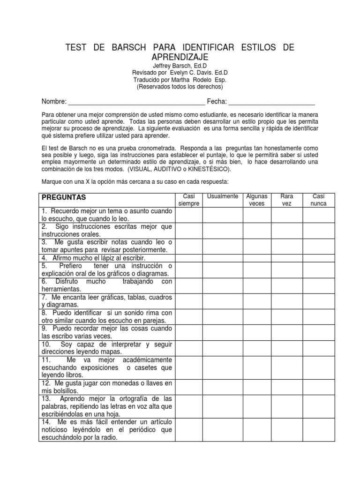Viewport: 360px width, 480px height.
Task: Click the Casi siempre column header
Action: (189, 200)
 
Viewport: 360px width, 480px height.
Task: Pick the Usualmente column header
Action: (223, 196)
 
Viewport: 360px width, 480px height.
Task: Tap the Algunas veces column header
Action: (256, 200)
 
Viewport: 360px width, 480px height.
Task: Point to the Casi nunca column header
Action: (319, 200)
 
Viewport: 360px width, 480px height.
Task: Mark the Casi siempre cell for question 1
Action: (189, 215)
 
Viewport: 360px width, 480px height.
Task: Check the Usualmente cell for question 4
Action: (223, 258)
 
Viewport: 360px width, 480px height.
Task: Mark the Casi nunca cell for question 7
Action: (319, 301)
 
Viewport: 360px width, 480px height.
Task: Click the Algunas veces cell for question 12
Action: (256, 387)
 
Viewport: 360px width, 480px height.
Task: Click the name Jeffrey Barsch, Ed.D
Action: (180, 66)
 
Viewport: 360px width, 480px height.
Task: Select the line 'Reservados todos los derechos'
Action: (180, 87)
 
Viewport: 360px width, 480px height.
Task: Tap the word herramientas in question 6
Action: (60, 289)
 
